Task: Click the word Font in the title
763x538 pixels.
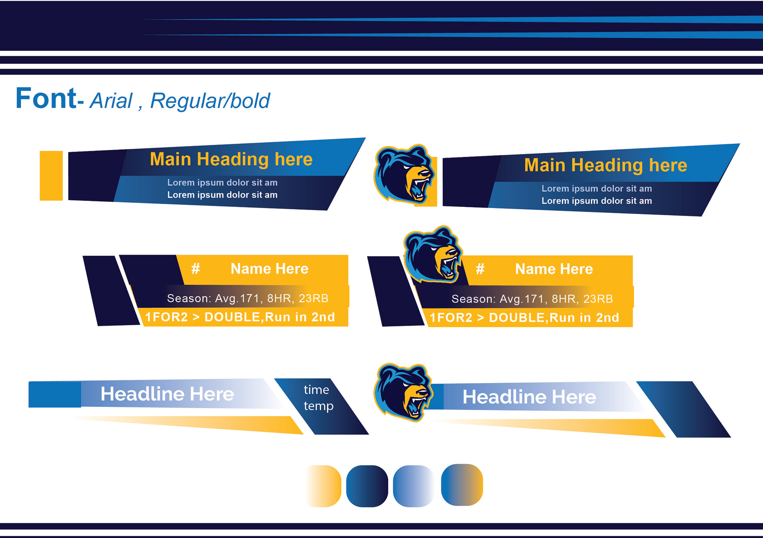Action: (x=46, y=98)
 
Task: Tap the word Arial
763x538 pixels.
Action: (x=111, y=101)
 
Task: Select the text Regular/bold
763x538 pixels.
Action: (x=210, y=101)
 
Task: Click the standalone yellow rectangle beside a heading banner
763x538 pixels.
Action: (x=51, y=175)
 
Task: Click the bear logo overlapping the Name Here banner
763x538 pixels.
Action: (x=432, y=255)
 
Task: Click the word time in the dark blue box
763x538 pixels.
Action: (x=316, y=390)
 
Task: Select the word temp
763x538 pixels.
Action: (x=318, y=406)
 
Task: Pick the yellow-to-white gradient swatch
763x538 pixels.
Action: (x=324, y=486)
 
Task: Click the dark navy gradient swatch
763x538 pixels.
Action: (x=367, y=486)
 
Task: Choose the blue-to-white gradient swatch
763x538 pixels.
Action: (x=413, y=486)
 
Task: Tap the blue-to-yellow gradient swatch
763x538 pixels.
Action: (x=462, y=484)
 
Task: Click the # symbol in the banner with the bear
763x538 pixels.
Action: (x=480, y=269)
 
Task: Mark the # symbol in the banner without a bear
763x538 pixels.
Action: (x=196, y=269)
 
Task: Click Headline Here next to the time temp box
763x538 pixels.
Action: (x=167, y=394)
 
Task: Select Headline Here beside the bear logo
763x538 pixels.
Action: (x=529, y=397)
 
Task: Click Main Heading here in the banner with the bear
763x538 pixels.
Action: (x=605, y=165)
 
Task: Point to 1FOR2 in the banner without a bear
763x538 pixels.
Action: (x=166, y=317)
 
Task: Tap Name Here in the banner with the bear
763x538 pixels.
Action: (x=554, y=269)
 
